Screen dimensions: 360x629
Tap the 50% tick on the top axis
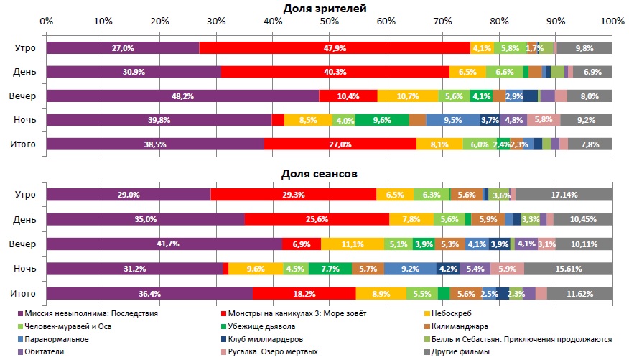(330, 23)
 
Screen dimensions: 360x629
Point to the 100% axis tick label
(612, 23)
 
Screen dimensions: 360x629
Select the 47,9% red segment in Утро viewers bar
(335, 48)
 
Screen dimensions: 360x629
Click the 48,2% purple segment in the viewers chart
(182, 96)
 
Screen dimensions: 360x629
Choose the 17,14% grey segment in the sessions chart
(564, 195)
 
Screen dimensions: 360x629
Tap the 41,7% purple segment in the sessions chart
(164, 244)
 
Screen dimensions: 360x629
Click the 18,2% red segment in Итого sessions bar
(304, 292)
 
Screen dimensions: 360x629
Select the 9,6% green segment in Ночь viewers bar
(382, 120)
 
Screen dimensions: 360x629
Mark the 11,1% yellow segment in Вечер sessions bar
(353, 244)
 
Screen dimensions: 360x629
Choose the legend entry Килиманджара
(458, 326)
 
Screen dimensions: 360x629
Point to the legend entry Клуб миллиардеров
(277, 339)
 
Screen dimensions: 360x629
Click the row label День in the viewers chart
(25, 73)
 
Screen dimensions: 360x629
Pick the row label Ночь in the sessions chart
(25, 269)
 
